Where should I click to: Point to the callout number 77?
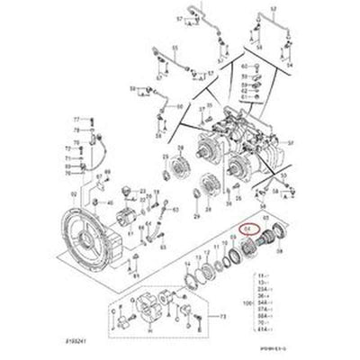click(76, 119)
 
